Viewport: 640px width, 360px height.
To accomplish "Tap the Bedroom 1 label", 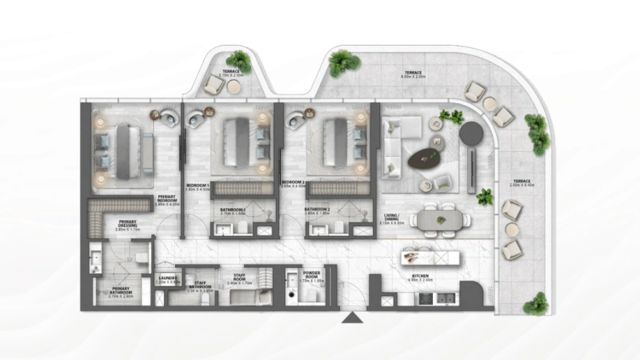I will click(197, 186).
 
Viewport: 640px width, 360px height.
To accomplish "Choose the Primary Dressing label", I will click(128, 225).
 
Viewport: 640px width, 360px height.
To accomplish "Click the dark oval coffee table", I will click(425, 158).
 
